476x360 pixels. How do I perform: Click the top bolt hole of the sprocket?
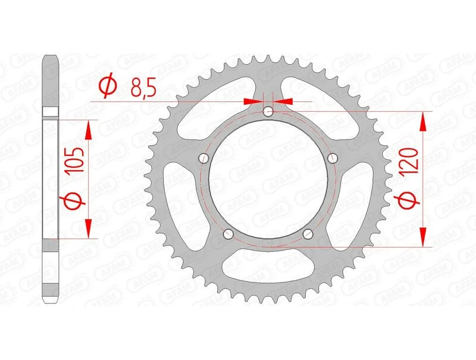tap(269, 111)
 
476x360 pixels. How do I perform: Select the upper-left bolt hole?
tap(203, 158)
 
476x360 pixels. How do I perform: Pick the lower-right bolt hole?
tap(308, 234)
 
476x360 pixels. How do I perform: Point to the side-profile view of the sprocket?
tap(52, 179)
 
